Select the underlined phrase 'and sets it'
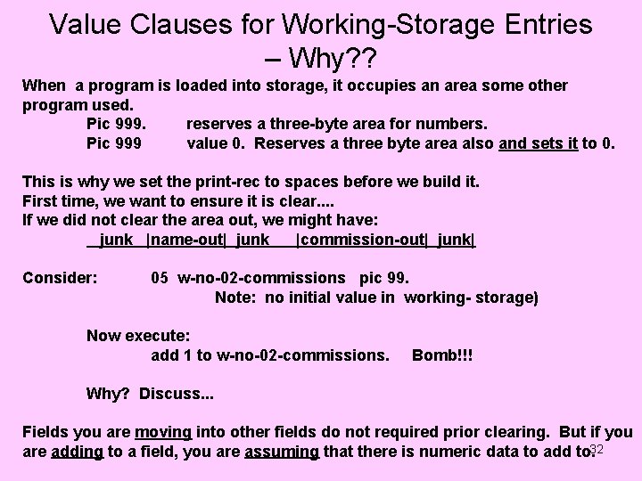click(x=539, y=142)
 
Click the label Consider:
click(x=60, y=278)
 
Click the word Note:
click(x=237, y=297)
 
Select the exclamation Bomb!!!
click(x=442, y=355)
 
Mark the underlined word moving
click(x=162, y=433)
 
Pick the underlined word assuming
click(x=282, y=452)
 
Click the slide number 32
click(x=597, y=449)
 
